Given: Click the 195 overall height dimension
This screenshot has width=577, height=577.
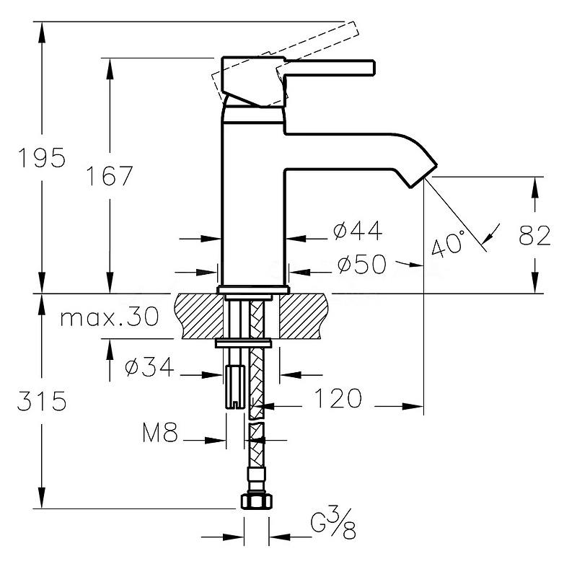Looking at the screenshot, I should (x=42, y=158).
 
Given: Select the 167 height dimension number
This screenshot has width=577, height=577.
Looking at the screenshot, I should (x=109, y=175).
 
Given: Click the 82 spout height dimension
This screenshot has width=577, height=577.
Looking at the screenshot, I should (x=534, y=236).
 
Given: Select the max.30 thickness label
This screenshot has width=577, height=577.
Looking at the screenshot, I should (x=109, y=318).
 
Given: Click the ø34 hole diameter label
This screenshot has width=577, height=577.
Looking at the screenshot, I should (x=149, y=367).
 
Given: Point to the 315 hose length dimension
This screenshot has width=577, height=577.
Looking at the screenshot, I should (x=42, y=401).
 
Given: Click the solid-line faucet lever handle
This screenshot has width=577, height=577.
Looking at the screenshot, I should (x=332, y=69).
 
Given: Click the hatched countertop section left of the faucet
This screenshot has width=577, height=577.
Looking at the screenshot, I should (x=197, y=314).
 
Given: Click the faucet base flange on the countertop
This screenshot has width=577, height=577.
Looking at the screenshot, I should (x=253, y=290).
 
